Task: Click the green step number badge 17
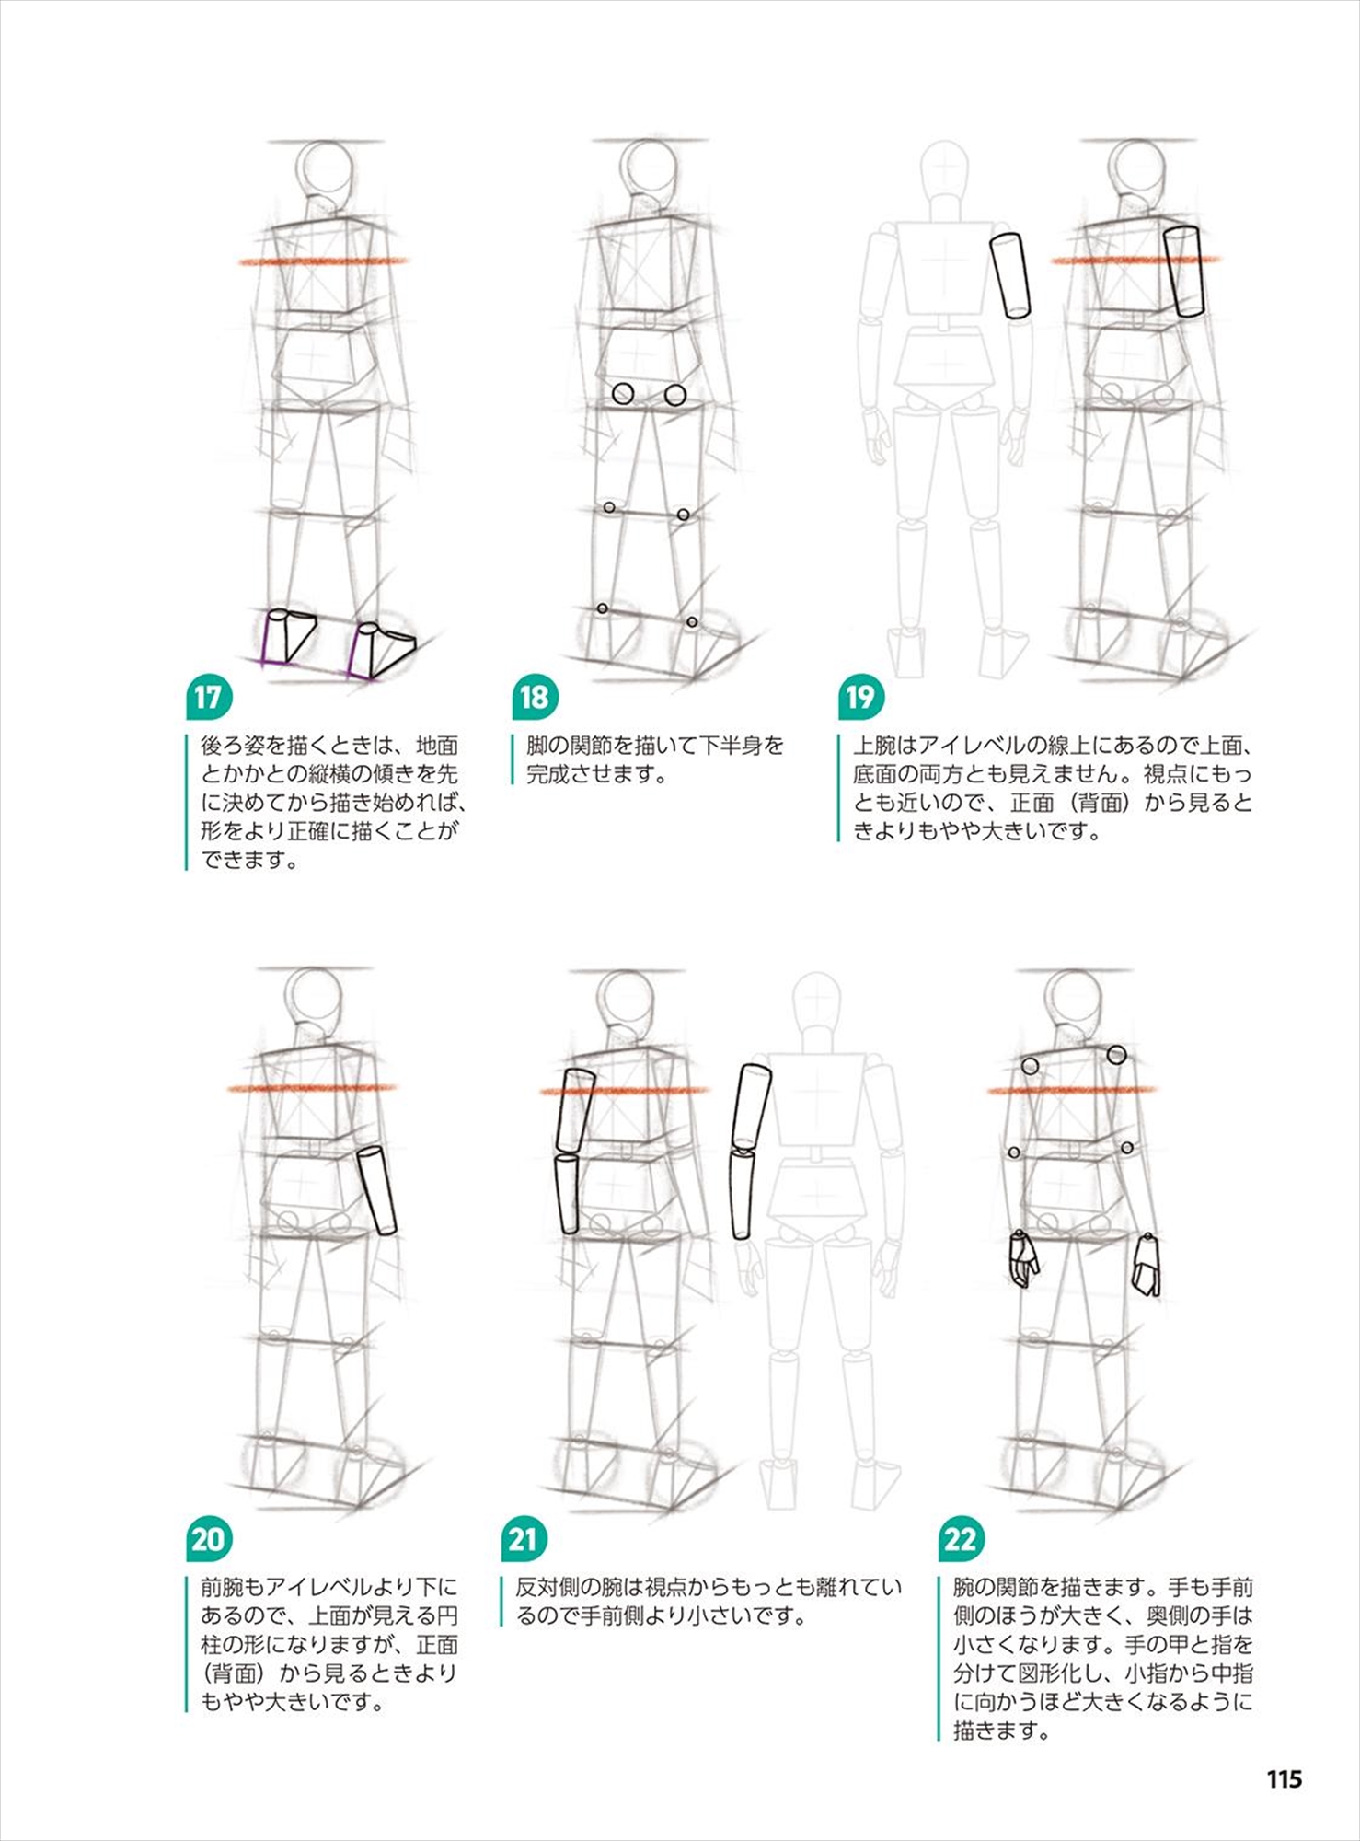tap(208, 698)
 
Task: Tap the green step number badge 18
tap(535, 698)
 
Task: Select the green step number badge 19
tap(860, 698)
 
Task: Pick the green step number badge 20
tap(208, 1539)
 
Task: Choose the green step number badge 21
tap(524, 1539)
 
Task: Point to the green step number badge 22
tap(961, 1539)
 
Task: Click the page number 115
tap(1284, 1778)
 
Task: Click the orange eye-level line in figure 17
tap(322, 261)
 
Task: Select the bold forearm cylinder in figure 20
tap(377, 1190)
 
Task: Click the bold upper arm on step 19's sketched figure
tap(1183, 272)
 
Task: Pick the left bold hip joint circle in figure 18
tap(623, 394)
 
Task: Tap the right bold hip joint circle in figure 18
tap(675, 395)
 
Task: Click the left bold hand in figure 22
tap(1022, 1258)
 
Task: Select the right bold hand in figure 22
tap(1146, 1265)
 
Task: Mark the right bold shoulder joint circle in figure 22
tap(1117, 1055)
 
